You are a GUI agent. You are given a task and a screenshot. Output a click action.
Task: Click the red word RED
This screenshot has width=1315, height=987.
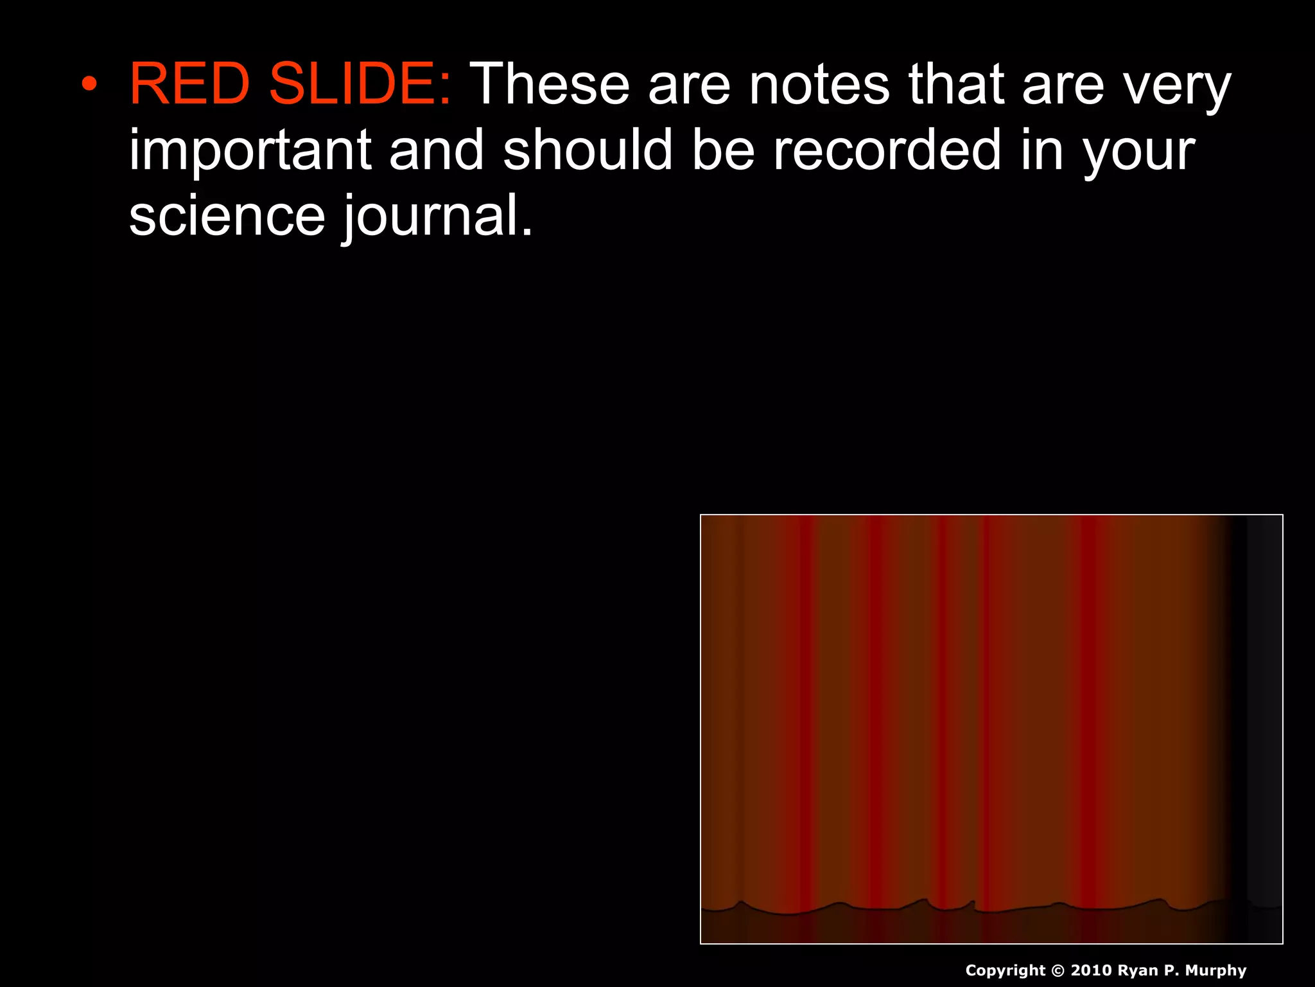(x=189, y=84)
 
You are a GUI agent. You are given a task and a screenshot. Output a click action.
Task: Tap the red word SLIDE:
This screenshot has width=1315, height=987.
(x=360, y=84)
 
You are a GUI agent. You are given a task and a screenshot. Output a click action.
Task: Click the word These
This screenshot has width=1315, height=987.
(x=550, y=84)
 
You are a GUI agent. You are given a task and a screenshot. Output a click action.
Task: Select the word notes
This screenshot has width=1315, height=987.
(x=819, y=84)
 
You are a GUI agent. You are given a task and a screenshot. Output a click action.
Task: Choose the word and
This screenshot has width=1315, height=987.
(x=437, y=149)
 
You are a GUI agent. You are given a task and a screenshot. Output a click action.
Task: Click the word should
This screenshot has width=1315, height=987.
(x=588, y=149)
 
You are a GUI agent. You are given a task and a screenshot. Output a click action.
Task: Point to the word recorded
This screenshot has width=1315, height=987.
(x=887, y=149)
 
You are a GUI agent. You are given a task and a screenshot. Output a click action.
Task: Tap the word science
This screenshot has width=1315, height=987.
(x=227, y=216)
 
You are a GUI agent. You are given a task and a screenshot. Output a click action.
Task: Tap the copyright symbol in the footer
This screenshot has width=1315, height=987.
(x=1058, y=970)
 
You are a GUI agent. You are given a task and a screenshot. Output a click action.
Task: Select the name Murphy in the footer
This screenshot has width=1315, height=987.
(x=1215, y=971)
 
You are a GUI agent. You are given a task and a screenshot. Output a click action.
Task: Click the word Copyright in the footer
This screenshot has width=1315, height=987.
(x=1006, y=971)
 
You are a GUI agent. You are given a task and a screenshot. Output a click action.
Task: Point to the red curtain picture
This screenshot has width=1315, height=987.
(x=991, y=729)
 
